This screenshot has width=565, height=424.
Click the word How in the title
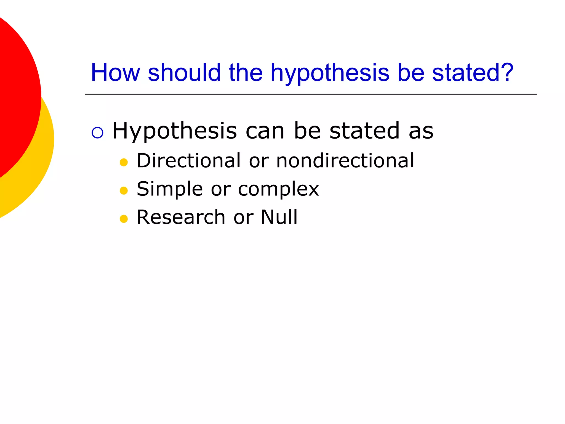[115, 73]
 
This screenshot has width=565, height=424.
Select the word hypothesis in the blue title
[330, 73]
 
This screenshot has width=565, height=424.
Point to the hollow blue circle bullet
[97, 132]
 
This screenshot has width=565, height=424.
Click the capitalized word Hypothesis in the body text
[175, 131]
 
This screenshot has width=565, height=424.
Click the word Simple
[170, 189]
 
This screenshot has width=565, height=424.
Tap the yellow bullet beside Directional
[124, 162]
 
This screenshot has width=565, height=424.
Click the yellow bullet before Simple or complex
[124, 190]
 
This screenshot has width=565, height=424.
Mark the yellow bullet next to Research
[124, 219]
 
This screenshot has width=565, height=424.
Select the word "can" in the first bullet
[265, 131]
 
